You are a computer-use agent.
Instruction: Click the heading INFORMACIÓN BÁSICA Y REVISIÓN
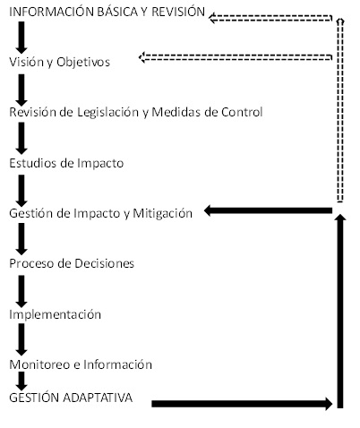107,12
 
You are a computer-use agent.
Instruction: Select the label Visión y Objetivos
60,62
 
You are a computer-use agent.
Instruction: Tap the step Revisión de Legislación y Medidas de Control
136,112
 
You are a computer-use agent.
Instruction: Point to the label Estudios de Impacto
66,163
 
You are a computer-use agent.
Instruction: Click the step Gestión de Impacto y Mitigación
100,213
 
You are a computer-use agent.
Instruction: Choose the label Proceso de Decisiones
72,263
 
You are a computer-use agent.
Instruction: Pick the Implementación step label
56,314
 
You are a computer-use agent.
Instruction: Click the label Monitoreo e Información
81,364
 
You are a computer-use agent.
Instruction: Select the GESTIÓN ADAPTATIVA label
71,398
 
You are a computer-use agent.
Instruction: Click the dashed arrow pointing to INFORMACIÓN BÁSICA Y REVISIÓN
270,18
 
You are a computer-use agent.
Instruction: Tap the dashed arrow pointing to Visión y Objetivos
236,57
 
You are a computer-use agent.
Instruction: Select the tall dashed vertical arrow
340,110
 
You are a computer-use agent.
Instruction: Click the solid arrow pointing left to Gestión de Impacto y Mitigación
268,210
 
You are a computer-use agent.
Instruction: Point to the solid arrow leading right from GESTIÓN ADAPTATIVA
242,404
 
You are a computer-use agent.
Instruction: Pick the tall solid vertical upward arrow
340,311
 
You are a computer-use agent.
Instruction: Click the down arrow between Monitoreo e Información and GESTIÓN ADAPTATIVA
21,381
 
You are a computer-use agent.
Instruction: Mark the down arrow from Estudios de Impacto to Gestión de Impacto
21,191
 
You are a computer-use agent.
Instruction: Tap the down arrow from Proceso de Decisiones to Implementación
21,291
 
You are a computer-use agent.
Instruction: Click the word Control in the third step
242,112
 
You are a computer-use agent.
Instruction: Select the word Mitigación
162,213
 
